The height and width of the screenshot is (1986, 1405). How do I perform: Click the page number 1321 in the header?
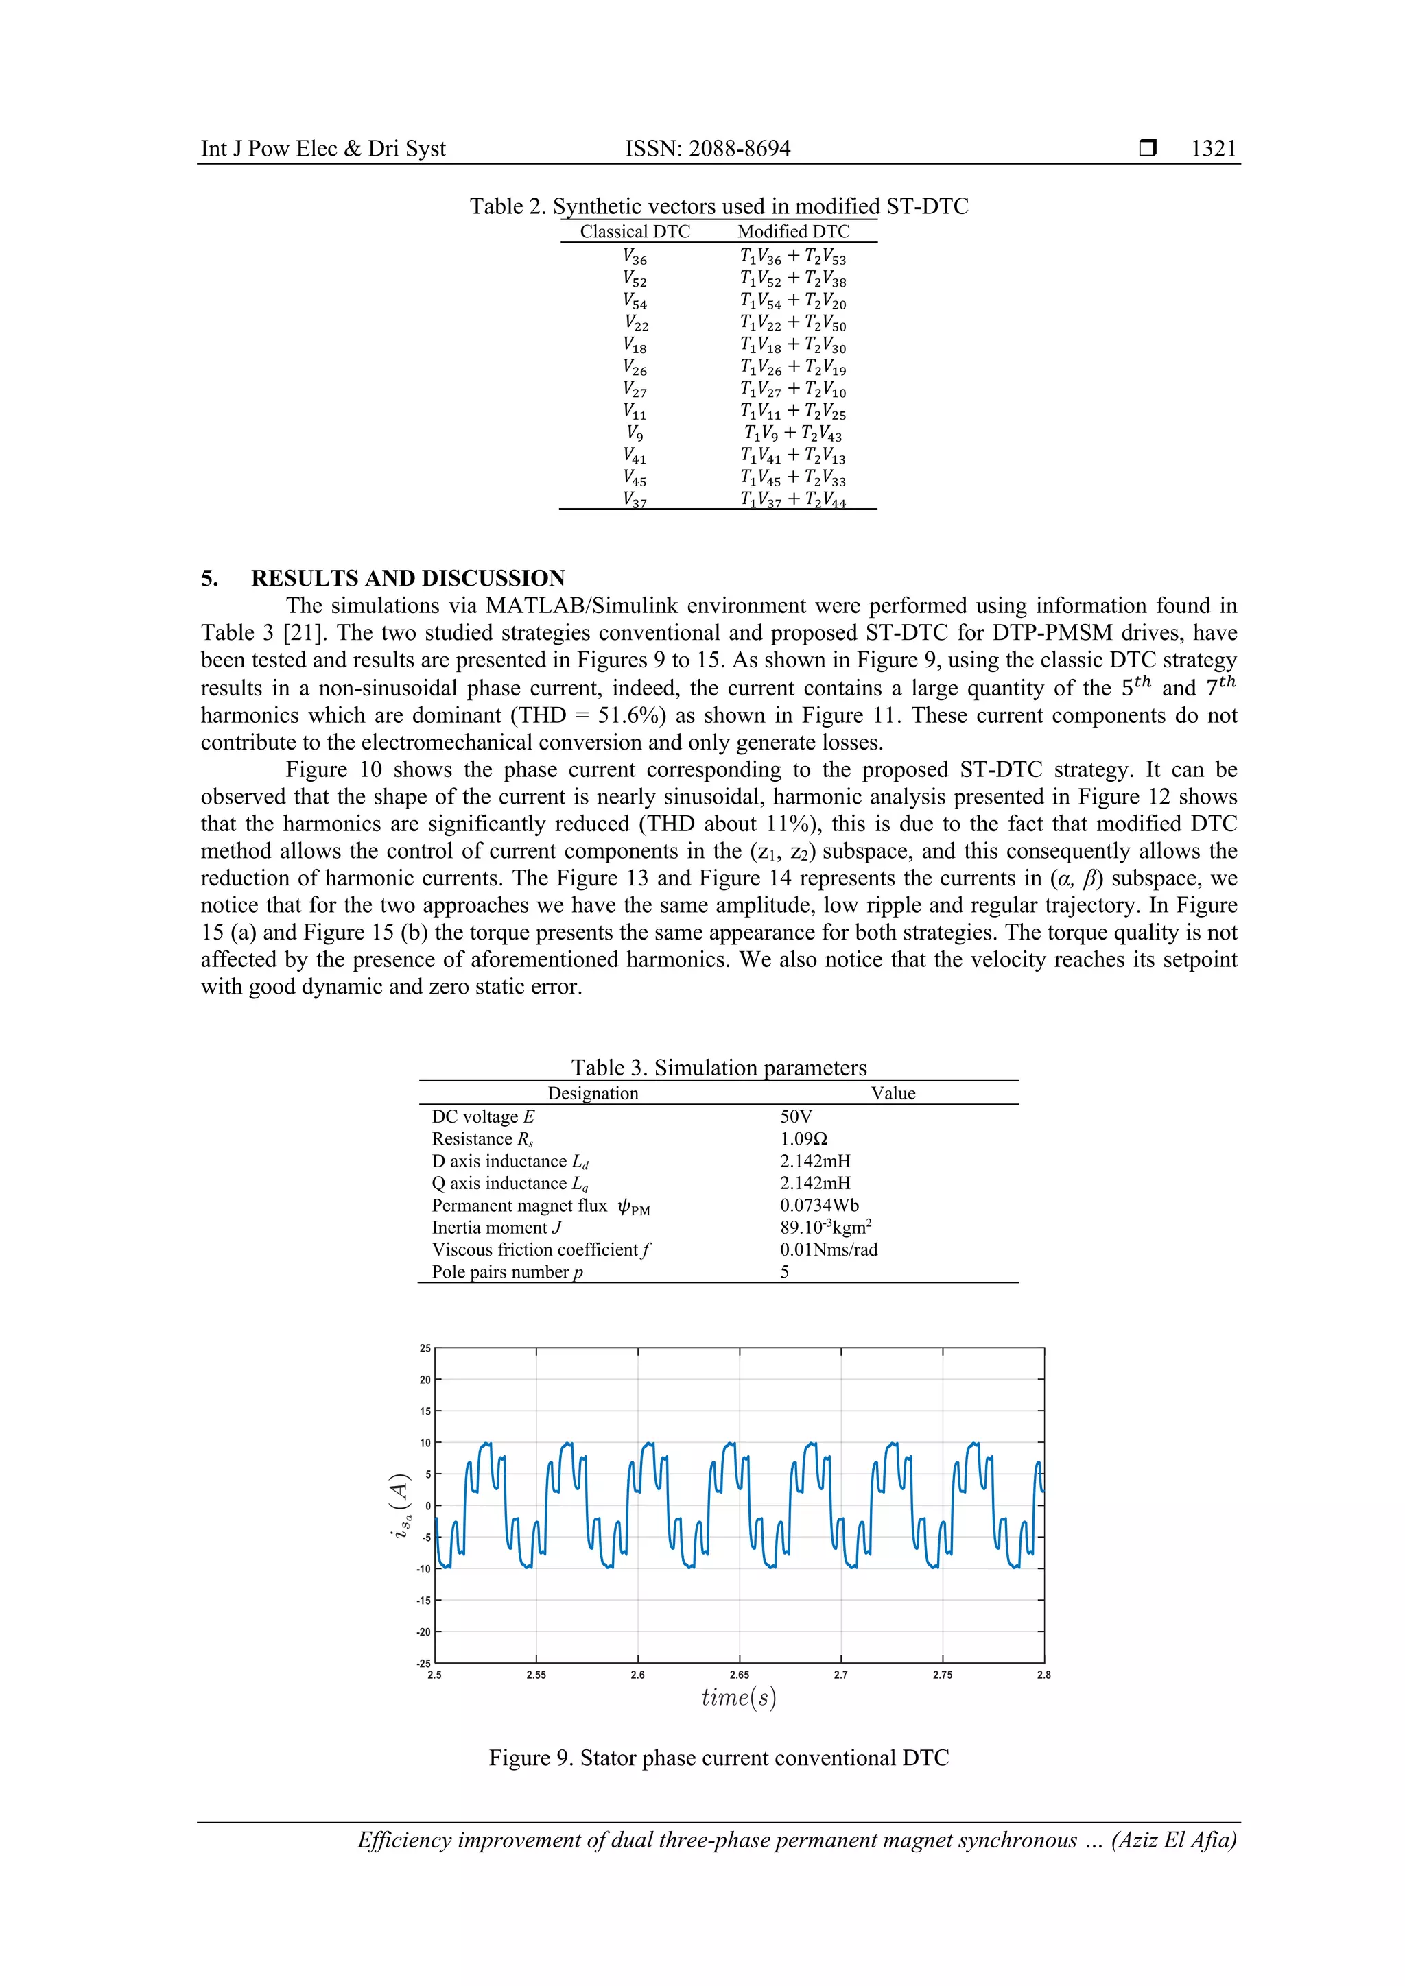coord(1213,149)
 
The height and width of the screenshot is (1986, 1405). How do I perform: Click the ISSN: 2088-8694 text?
coord(708,149)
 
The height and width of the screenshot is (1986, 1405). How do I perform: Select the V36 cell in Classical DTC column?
coord(634,257)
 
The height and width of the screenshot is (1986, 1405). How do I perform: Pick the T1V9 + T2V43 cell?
coord(792,433)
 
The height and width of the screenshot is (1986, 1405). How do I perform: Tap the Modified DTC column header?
coord(793,232)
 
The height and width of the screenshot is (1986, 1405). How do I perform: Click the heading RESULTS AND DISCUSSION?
coord(408,578)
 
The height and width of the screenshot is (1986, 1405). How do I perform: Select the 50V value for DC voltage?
coord(796,1116)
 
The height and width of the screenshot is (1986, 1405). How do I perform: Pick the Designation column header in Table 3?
coord(593,1093)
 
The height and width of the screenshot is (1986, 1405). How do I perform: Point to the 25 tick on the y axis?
coord(425,1348)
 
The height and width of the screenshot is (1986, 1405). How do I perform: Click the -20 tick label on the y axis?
coord(424,1632)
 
